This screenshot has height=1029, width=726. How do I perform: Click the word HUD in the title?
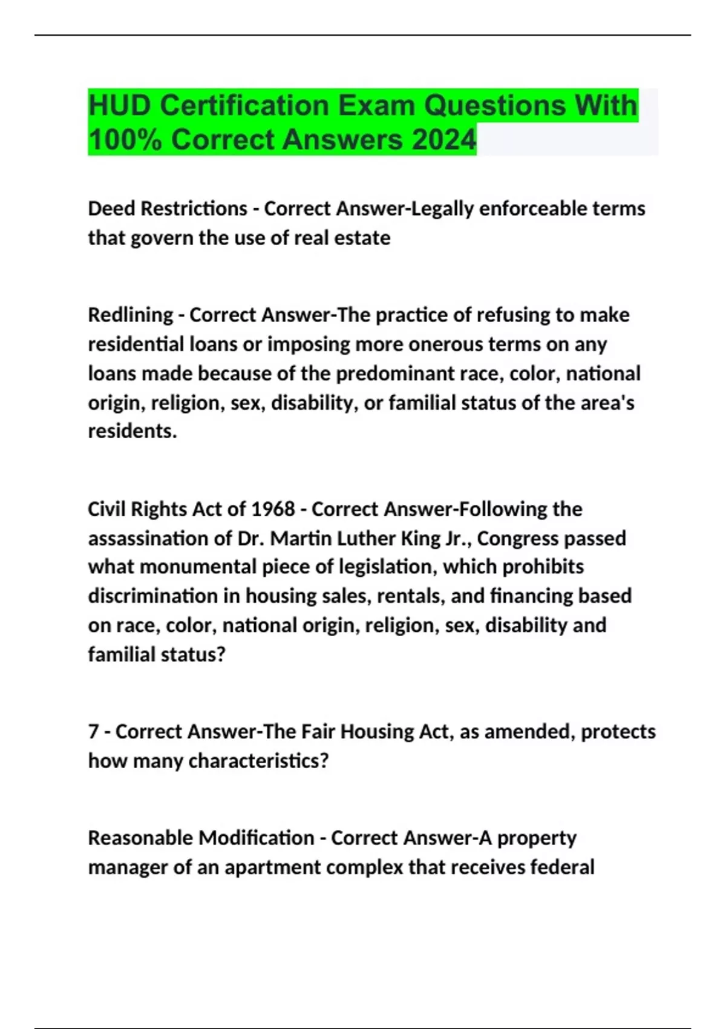120,105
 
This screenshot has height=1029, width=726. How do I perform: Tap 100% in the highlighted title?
125,140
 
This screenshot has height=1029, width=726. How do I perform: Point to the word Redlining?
131,315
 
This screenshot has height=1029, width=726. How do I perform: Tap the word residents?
132,431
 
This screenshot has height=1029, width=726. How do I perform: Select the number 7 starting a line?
93,731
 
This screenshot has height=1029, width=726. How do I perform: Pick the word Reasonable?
140,838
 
